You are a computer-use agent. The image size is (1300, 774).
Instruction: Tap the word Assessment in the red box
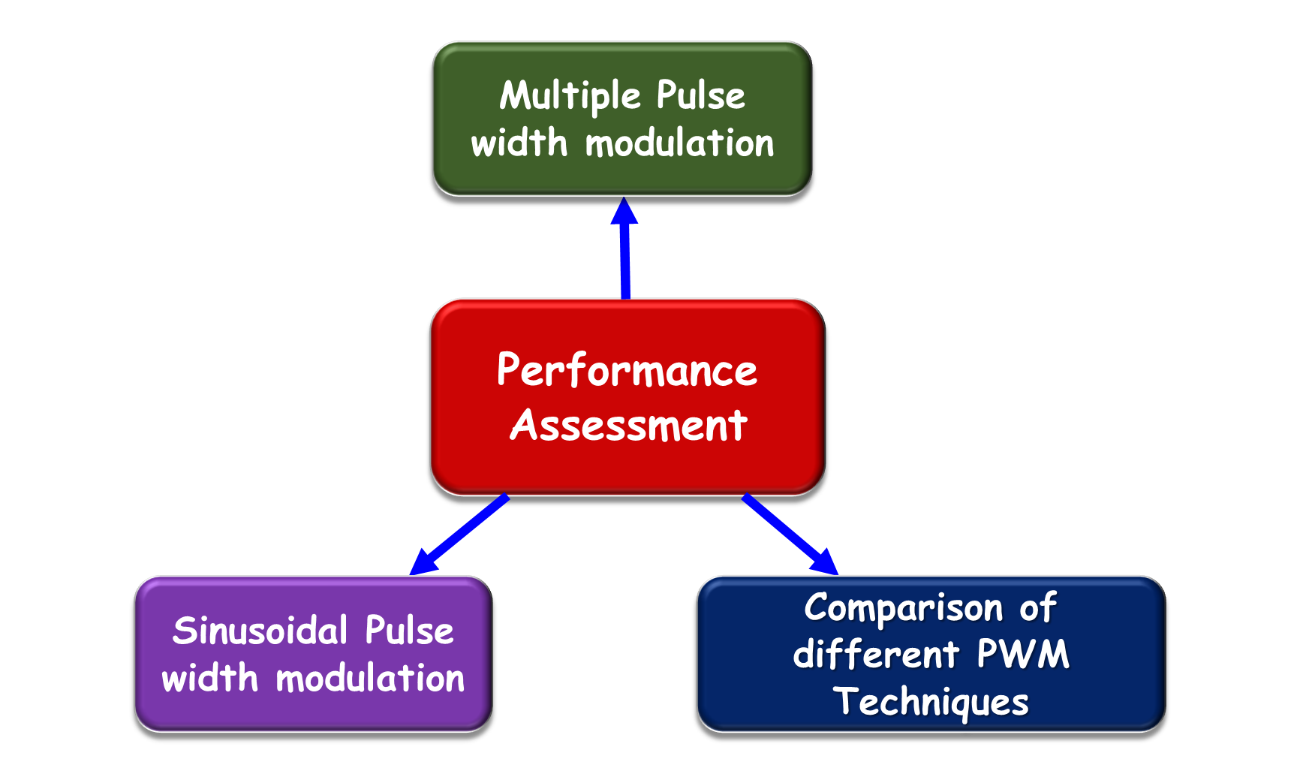pos(629,425)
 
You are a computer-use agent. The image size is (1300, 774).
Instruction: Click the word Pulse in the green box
pos(701,95)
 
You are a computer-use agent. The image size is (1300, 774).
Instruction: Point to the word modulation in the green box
pos(679,143)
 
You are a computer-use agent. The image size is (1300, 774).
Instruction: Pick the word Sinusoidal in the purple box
pos(260,631)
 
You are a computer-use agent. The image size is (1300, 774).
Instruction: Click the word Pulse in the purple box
pos(410,631)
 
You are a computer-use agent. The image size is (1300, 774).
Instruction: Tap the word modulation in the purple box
pos(371,679)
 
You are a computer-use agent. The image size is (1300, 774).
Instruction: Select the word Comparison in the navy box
pos(904,609)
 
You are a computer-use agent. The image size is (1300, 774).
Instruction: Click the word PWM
pos(1023,654)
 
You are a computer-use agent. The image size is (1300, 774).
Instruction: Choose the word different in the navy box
pos(876,654)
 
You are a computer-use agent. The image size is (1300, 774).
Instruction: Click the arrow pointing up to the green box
pos(624,248)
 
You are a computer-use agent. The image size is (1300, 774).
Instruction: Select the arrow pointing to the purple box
pos(459,535)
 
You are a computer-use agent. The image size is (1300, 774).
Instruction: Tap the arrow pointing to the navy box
pos(790,535)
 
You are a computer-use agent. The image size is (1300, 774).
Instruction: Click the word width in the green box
pos(519,143)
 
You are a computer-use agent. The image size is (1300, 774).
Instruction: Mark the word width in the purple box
pos(209,679)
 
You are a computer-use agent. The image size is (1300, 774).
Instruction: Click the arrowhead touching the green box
pos(624,211)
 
